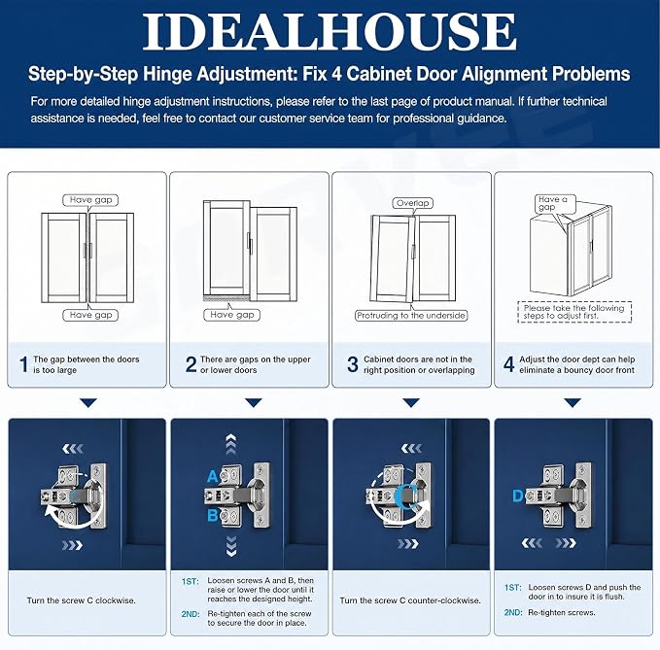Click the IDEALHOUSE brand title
point(330,31)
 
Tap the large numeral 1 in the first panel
point(24,364)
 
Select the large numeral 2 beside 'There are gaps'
point(191,364)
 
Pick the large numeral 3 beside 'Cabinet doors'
point(353,364)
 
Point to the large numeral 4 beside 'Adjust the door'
point(509,364)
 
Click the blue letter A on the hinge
point(213,477)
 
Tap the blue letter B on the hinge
point(213,515)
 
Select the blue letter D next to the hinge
point(518,496)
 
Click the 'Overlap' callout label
point(412,203)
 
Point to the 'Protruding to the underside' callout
point(411,316)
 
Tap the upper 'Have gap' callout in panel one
point(90,200)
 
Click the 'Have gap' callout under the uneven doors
point(232,315)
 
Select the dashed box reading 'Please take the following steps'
point(574,312)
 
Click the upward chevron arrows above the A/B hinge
point(230,445)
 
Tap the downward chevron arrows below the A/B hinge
point(231,546)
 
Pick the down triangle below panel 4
point(573,403)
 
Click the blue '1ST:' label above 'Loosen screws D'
point(512,587)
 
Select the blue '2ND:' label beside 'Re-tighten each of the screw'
point(191,614)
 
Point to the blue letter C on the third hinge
point(408,495)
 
